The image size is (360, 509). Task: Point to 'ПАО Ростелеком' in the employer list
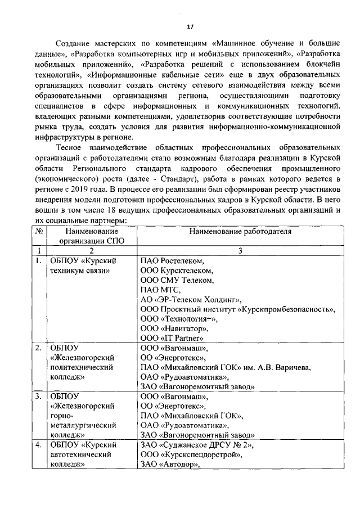172,261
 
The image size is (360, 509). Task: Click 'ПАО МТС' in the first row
160,290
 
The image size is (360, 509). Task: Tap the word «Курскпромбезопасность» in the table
287,309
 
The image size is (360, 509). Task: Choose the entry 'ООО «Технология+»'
178,318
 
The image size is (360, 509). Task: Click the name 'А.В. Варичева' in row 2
285,367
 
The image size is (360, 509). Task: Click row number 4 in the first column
38,445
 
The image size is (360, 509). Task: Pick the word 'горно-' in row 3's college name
61,416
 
